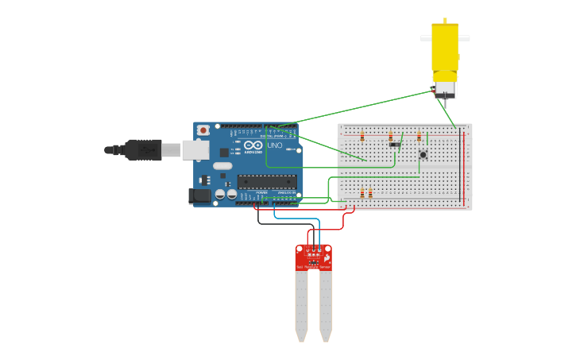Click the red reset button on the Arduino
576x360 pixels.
coord(203,130)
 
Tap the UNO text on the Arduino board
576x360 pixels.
coord(273,146)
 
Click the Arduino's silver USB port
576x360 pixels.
coord(195,149)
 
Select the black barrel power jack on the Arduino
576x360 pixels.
coord(198,195)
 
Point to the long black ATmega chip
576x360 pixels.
coord(267,182)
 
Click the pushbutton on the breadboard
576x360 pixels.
coord(423,154)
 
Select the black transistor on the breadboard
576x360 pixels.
coord(393,144)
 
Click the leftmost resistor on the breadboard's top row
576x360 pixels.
coord(362,137)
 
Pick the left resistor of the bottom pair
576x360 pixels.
coord(362,193)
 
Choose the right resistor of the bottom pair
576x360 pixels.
coord(370,193)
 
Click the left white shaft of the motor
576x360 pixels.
coord(425,37)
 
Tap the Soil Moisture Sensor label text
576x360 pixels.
coord(314,268)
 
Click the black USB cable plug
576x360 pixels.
coord(144,149)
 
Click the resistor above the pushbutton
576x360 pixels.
coord(419,137)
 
